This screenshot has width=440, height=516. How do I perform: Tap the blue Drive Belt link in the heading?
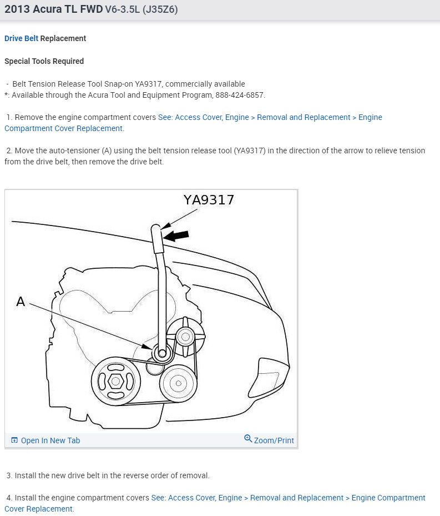(22, 38)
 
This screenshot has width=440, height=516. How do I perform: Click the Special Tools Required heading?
(44, 61)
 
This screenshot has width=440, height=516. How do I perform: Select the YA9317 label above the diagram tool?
(209, 200)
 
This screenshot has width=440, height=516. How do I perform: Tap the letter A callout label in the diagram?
(21, 302)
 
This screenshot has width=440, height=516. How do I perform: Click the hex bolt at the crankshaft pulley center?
(115, 381)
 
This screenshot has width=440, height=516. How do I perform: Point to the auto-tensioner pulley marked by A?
(161, 353)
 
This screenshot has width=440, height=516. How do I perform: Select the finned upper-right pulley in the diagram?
(185, 335)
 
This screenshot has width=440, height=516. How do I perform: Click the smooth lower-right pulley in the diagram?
(178, 383)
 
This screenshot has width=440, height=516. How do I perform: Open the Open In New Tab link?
(50, 440)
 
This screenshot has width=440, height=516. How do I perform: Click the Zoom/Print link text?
(274, 440)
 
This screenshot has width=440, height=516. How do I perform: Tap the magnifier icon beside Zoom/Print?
(248, 439)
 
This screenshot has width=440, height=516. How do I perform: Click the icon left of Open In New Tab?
(14, 440)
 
